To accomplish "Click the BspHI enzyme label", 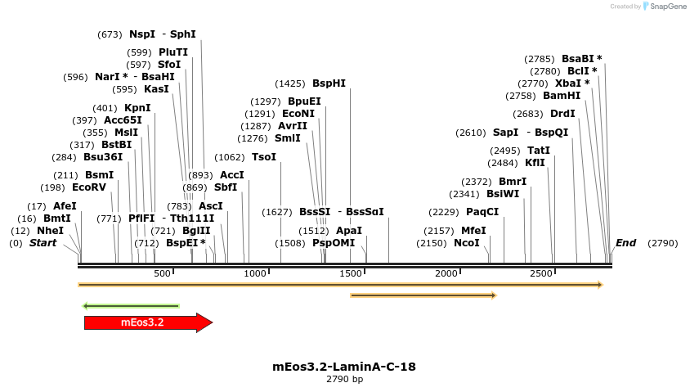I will point(329,83).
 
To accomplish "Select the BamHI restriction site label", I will point(562,96).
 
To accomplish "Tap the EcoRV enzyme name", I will point(89,187).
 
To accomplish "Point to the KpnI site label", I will point(137,108).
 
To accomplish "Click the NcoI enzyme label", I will point(466,243).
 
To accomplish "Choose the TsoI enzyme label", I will point(264,157).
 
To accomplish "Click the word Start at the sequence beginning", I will point(43,243).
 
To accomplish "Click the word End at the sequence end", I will point(625,243).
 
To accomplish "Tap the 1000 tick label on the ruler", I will point(256,273).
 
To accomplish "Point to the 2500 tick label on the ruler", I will point(541,273).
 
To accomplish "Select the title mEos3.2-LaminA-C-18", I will point(344,367).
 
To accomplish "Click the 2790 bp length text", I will point(344,380).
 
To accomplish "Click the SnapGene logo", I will point(665,7).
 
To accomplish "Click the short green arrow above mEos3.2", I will point(131,306).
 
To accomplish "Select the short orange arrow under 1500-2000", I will point(423,295).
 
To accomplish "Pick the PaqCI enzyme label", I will point(482,212).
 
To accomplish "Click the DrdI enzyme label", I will point(562,114).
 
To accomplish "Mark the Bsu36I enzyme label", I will point(103,157).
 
